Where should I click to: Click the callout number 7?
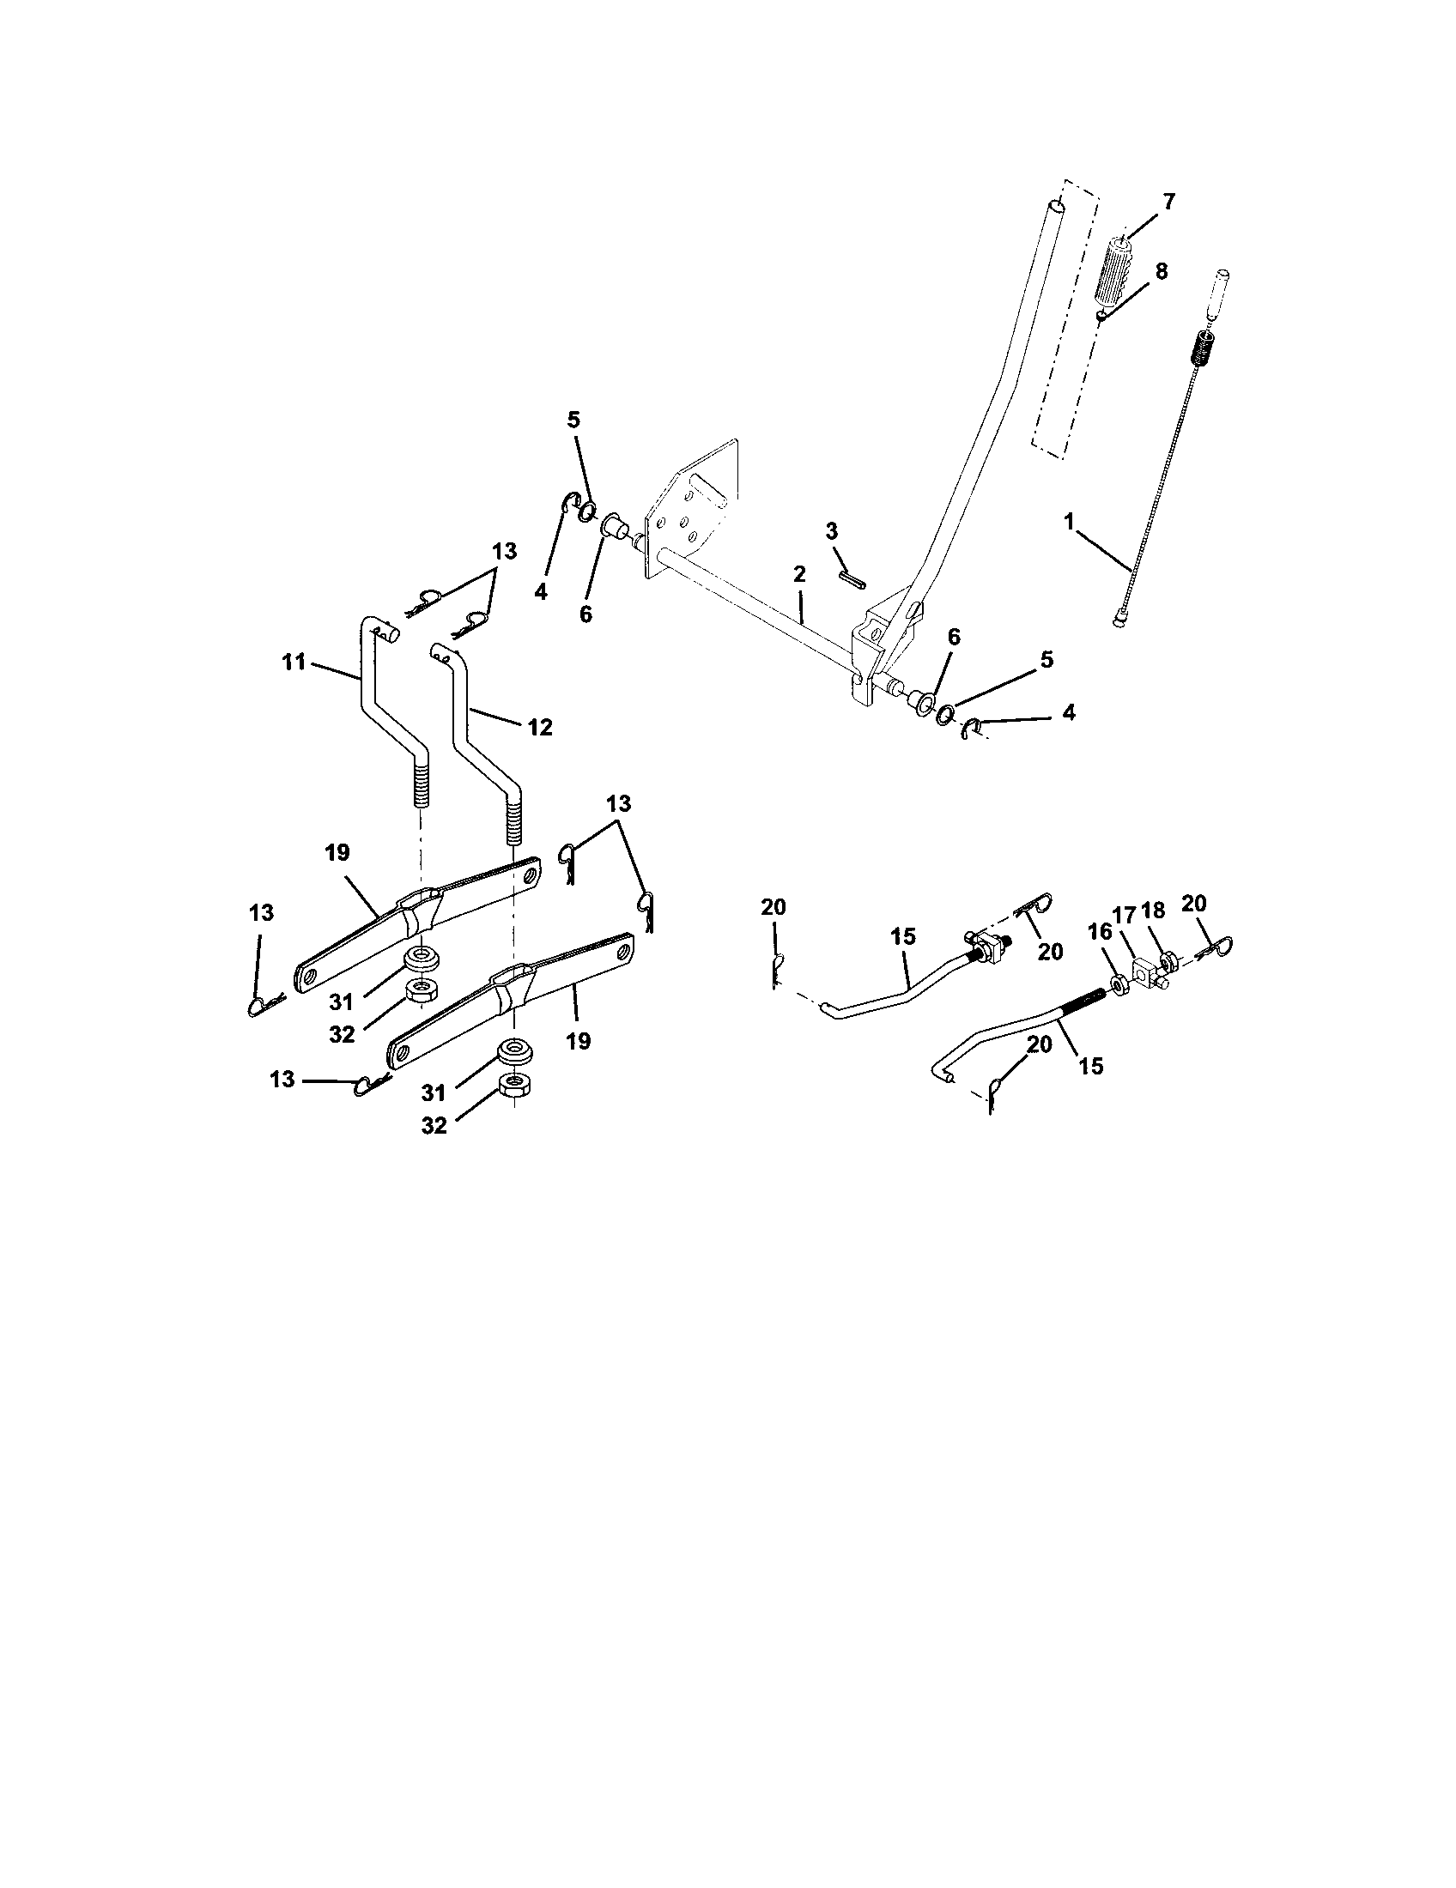point(1169,202)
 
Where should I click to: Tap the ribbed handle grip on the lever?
point(1118,269)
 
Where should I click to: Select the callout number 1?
point(1069,521)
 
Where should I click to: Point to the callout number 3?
point(832,529)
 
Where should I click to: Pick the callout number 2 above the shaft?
point(799,574)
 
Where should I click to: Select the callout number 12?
point(539,728)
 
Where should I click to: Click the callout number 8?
point(1162,271)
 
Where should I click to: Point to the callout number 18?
point(1154,910)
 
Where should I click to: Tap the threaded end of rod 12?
point(514,820)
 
